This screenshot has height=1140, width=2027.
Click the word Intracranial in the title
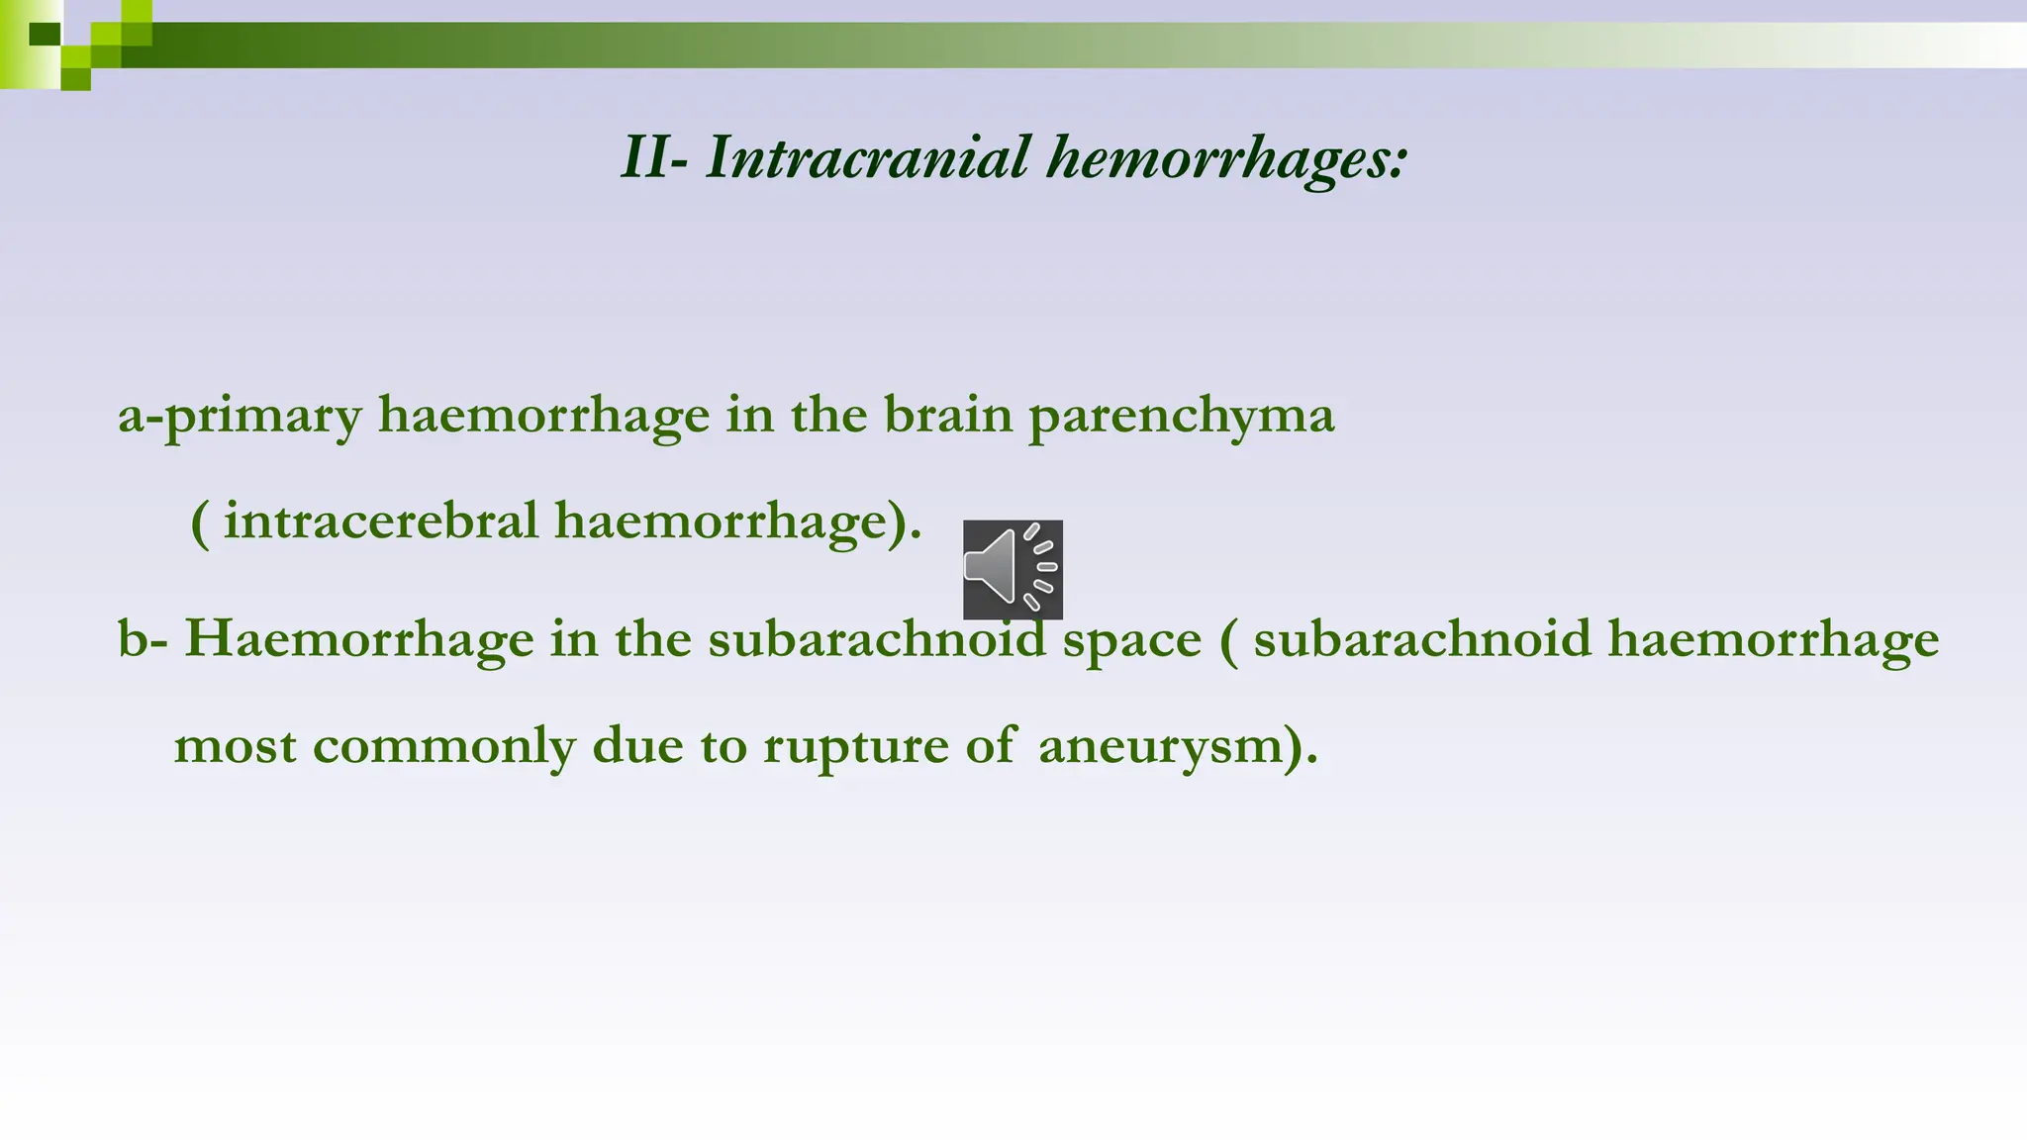pyautogui.click(x=867, y=158)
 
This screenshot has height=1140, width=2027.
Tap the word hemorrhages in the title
pyautogui.click(x=1225, y=158)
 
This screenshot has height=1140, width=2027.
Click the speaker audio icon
pyautogui.click(x=1013, y=569)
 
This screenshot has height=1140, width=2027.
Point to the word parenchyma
pyautogui.click(x=1182, y=416)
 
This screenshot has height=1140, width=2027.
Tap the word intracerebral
pyautogui.click(x=381, y=521)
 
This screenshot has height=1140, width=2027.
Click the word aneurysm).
pyautogui.click(x=1178, y=745)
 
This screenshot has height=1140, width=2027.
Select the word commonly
pyautogui.click(x=444, y=747)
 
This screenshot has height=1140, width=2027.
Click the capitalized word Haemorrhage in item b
pyautogui.click(x=359, y=639)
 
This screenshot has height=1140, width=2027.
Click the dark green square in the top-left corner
pyautogui.click(x=45, y=34)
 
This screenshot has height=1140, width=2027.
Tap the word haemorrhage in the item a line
pyautogui.click(x=543, y=416)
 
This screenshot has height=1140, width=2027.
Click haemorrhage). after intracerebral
pyautogui.click(x=738, y=522)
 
